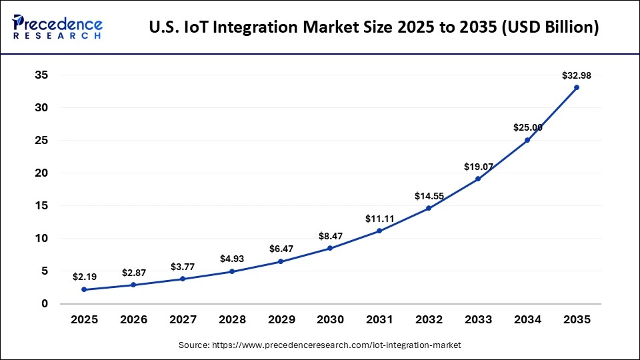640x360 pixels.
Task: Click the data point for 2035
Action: point(577,87)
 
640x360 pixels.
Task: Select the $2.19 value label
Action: point(84,276)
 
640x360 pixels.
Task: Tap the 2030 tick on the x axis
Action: point(330,319)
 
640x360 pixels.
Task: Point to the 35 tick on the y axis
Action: point(41,75)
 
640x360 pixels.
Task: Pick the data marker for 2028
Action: point(232,271)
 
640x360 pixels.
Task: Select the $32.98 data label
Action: point(577,75)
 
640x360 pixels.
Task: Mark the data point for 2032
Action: point(429,208)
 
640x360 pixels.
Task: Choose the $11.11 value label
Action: point(379,218)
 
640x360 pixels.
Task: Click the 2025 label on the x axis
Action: point(84,319)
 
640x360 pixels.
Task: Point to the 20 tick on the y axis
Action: point(41,173)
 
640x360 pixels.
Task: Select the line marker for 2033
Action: point(478,179)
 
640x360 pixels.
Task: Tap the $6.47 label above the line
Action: point(281,248)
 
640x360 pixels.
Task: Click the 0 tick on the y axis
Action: point(45,304)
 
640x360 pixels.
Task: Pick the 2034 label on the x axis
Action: point(527,319)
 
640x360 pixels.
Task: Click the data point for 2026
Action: point(133,285)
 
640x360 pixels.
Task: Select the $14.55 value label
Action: point(429,196)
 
